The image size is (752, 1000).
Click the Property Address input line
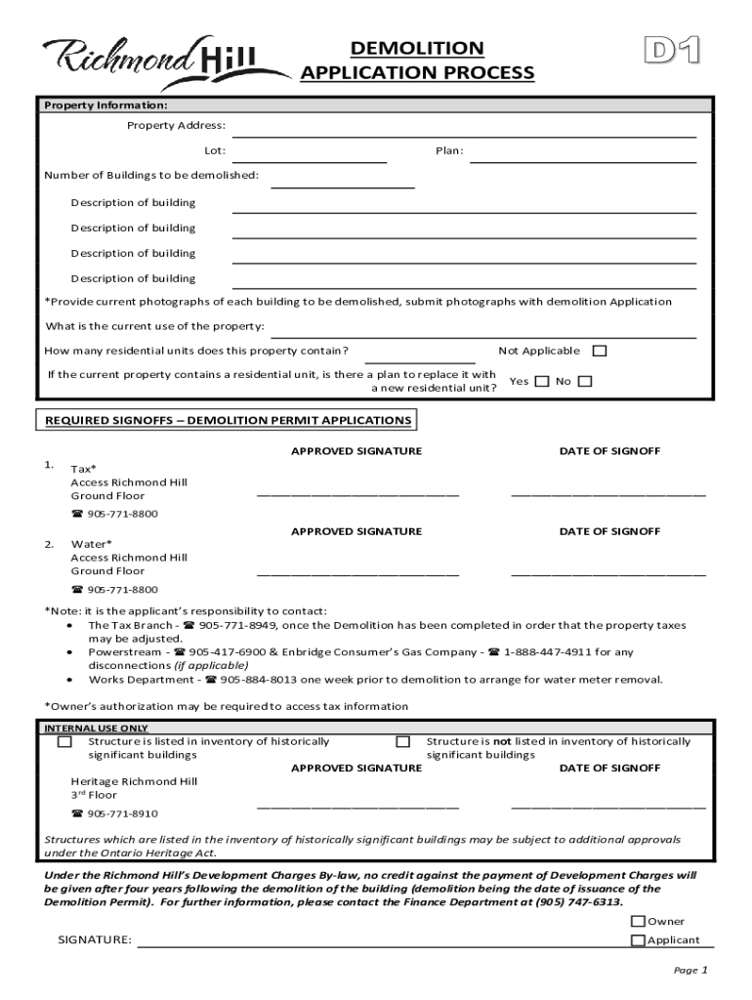pyautogui.click(x=464, y=128)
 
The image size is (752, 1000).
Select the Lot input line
pyautogui.click(x=310, y=153)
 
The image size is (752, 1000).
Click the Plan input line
pyautogui.click(x=583, y=153)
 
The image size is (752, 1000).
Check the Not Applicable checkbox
pyautogui.click(x=600, y=352)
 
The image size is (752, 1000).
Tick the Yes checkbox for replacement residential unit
pyautogui.click(x=542, y=382)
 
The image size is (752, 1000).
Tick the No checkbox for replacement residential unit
pyautogui.click(x=585, y=382)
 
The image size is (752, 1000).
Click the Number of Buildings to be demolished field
pyautogui.click(x=343, y=178)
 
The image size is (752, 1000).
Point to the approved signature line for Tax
pyautogui.click(x=357, y=493)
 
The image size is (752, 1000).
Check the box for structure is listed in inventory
pyautogui.click(x=64, y=742)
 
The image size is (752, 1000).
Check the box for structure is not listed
pyautogui.click(x=402, y=742)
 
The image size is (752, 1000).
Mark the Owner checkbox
pyautogui.click(x=638, y=921)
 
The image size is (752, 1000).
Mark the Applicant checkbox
pyautogui.click(x=638, y=940)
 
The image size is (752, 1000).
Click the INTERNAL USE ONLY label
pyautogui.click(x=97, y=729)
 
